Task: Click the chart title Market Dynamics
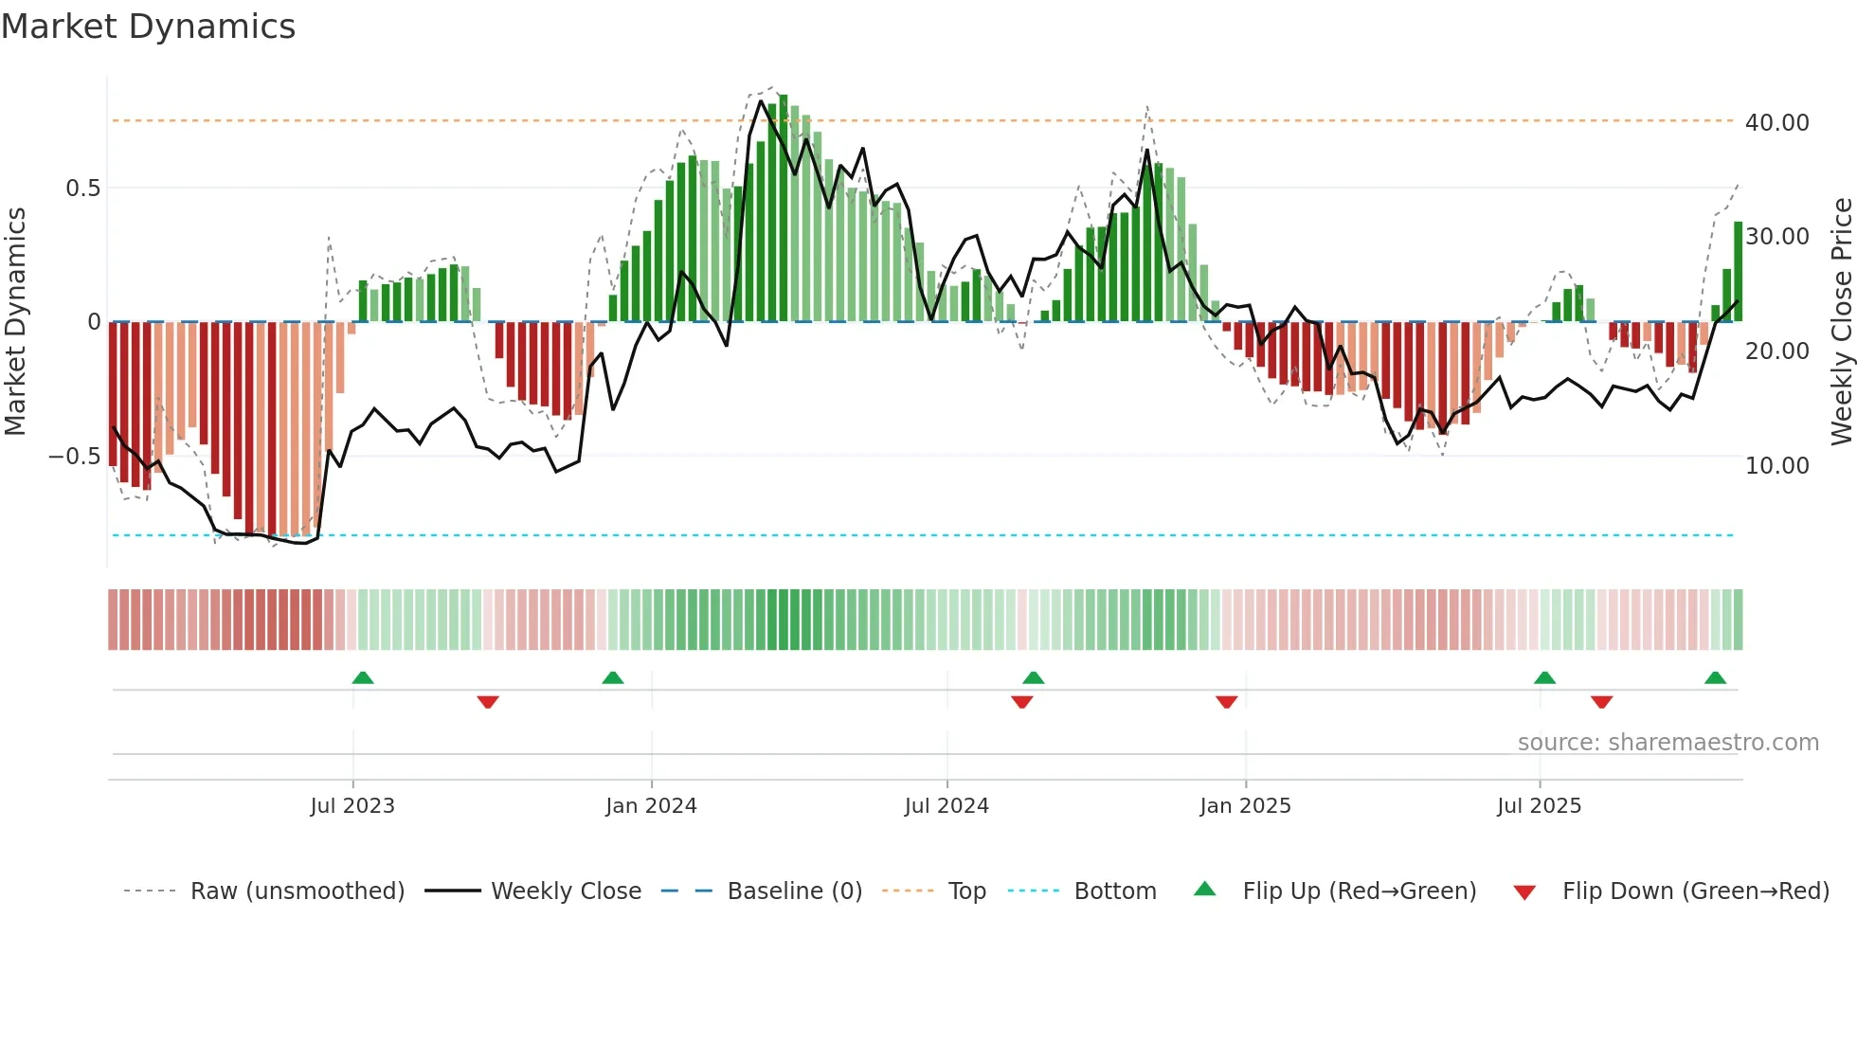[148, 27]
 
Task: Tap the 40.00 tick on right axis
[1776, 123]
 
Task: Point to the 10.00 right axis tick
[1776, 466]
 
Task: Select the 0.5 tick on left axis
[82, 189]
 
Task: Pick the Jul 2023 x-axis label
[352, 806]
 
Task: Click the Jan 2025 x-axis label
[1245, 806]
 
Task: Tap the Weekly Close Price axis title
[1841, 322]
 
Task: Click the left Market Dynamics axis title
[15, 322]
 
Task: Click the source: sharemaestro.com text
[1668, 743]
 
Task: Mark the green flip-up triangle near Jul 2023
[363, 677]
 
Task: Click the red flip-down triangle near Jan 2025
[1227, 702]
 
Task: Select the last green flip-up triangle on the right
[1715, 677]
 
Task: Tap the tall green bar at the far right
[1739, 273]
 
